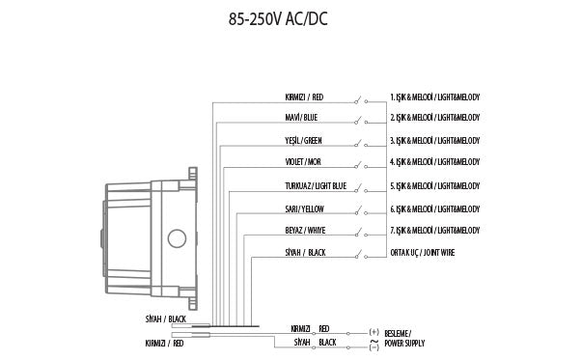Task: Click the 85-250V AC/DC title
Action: (278, 19)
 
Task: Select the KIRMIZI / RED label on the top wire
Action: (304, 97)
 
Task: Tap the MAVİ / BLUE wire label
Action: (301, 118)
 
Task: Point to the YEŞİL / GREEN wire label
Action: (303, 141)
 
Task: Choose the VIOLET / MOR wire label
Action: (303, 162)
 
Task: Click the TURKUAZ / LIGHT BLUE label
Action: (316, 186)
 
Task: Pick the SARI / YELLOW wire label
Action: (304, 209)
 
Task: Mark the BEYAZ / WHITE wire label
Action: (305, 231)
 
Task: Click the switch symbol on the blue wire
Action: (361, 121)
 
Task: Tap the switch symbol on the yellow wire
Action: (361, 212)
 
